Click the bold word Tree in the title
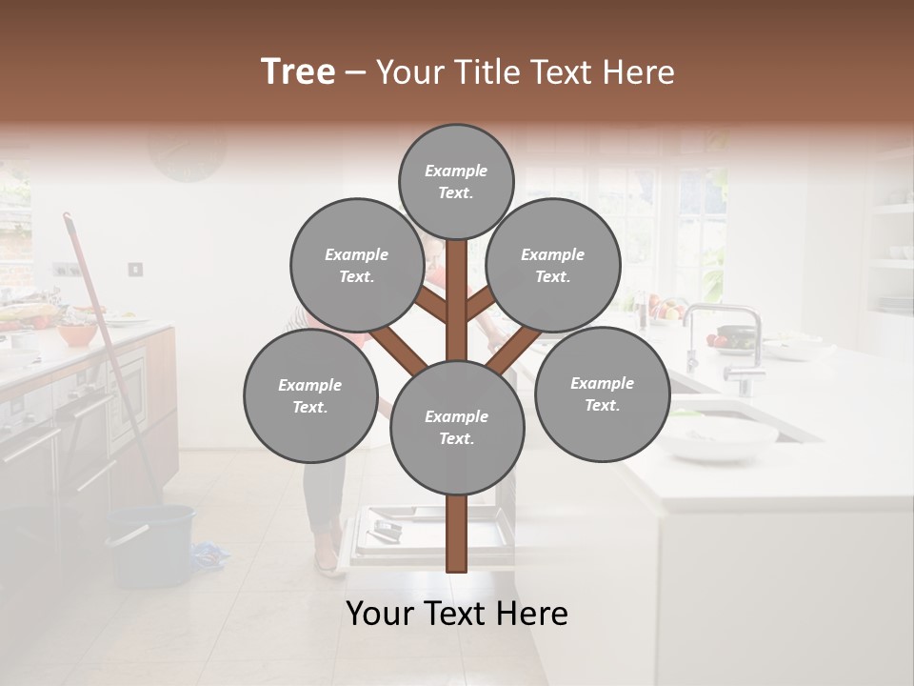coord(298,72)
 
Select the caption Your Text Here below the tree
coord(457,614)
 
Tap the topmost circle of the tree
coord(456,181)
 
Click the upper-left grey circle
coord(356,265)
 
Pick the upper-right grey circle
coord(553,265)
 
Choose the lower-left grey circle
coord(310,395)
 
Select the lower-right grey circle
coord(602,393)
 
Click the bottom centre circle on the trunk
coord(457,427)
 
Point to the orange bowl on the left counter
coord(77,334)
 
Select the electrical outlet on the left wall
coord(135,270)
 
